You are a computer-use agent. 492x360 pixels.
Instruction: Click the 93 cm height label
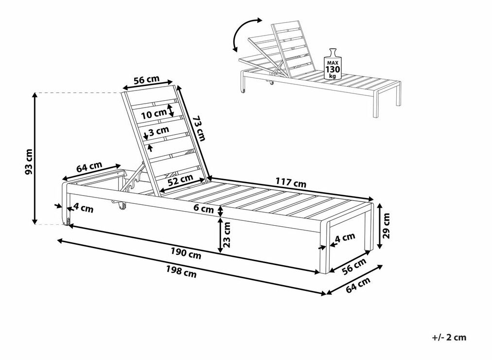pyautogui.click(x=29, y=162)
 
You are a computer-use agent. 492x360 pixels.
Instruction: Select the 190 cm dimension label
pyautogui.click(x=186, y=253)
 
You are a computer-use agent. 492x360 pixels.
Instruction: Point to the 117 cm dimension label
pyautogui.click(x=291, y=182)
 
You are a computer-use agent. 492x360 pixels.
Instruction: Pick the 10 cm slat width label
pyautogui.click(x=153, y=114)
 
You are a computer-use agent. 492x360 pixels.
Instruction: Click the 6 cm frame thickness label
pyautogui.click(x=204, y=208)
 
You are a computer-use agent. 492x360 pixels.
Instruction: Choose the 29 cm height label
pyautogui.click(x=386, y=226)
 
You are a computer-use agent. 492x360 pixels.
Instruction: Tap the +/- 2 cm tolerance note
pyautogui.click(x=449, y=338)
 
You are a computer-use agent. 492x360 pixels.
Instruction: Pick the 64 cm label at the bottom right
pyautogui.click(x=358, y=285)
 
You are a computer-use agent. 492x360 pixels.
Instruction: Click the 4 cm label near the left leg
pyautogui.click(x=84, y=208)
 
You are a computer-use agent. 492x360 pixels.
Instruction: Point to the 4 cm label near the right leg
pyautogui.click(x=345, y=238)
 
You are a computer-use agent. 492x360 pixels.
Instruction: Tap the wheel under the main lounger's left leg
pyautogui.click(x=67, y=222)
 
